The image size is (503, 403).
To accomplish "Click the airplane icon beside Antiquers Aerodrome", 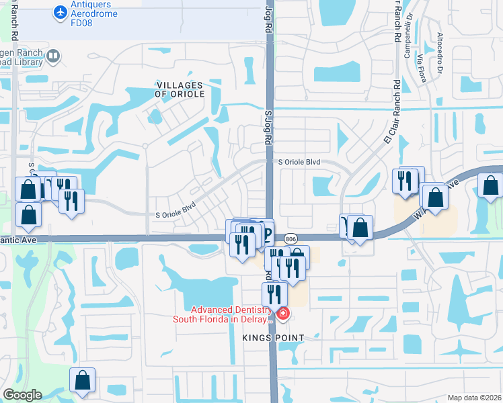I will (61, 12).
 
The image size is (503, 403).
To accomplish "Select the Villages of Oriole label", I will (179, 89).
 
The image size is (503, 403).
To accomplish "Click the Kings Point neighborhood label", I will (275, 338).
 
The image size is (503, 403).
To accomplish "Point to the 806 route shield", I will (291, 238).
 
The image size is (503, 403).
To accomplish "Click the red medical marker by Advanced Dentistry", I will (283, 314).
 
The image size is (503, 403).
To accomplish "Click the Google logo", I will (22, 395).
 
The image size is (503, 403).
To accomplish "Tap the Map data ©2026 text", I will (474, 398).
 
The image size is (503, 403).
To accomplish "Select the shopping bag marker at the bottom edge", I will (82, 380).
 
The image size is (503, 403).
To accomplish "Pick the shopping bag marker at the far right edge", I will (490, 187).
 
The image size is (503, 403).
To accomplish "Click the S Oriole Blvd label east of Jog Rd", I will (300, 163).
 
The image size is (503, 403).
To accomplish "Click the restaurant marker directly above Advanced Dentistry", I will (274, 294).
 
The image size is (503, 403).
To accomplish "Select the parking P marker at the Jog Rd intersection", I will (267, 234).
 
